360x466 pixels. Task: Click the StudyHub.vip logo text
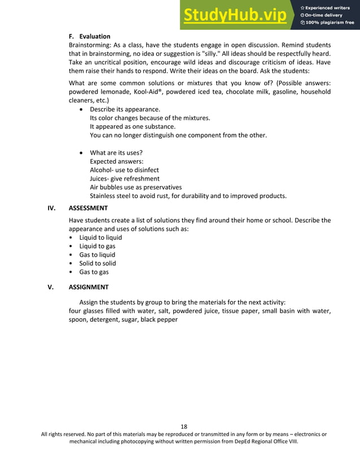[x=235, y=15]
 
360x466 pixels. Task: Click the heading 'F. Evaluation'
[x=89, y=36]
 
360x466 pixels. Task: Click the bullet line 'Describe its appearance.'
[x=125, y=109]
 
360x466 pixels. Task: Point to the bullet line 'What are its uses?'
[x=116, y=153]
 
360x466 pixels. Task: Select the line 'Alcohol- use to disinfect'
[x=124, y=170]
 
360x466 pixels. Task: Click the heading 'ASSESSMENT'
[x=88, y=208]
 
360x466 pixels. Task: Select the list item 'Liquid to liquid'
[x=100, y=238]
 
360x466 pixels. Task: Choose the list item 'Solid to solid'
[x=98, y=263]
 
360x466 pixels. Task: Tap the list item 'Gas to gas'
[x=94, y=272]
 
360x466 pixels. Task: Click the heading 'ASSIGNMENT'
[x=88, y=287]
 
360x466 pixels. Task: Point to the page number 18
[x=184, y=426]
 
